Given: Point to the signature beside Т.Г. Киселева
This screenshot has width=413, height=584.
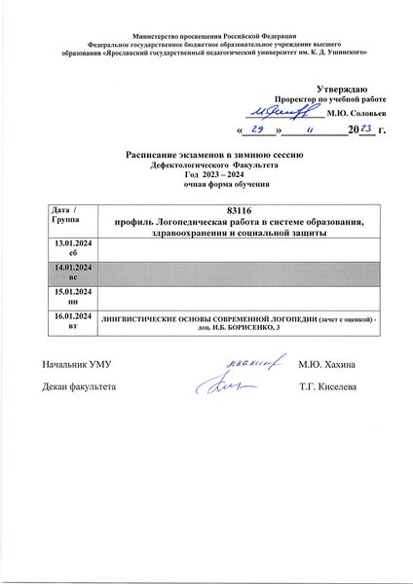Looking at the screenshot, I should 234,386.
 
